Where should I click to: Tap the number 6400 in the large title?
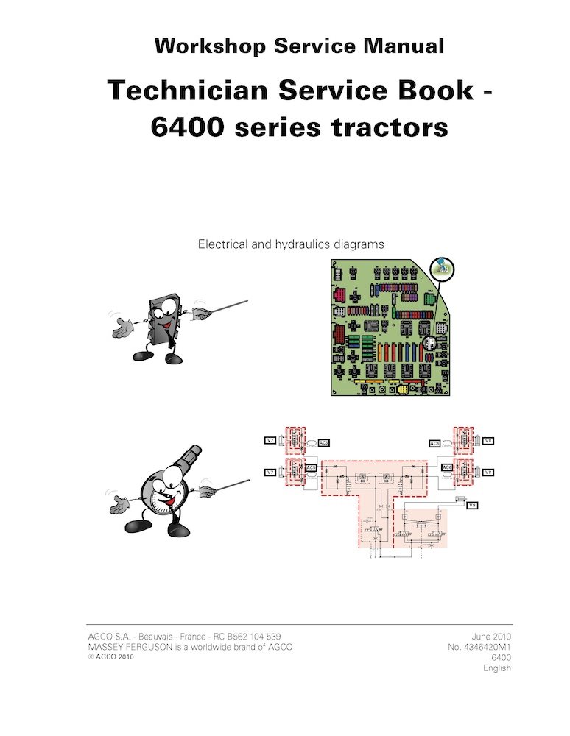click(190, 127)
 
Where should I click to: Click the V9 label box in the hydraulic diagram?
click(474, 506)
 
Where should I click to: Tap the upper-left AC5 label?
click(323, 443)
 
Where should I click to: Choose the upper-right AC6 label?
click(434, 443)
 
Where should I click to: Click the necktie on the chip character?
click(169, 336)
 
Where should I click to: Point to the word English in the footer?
click(496, 668)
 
